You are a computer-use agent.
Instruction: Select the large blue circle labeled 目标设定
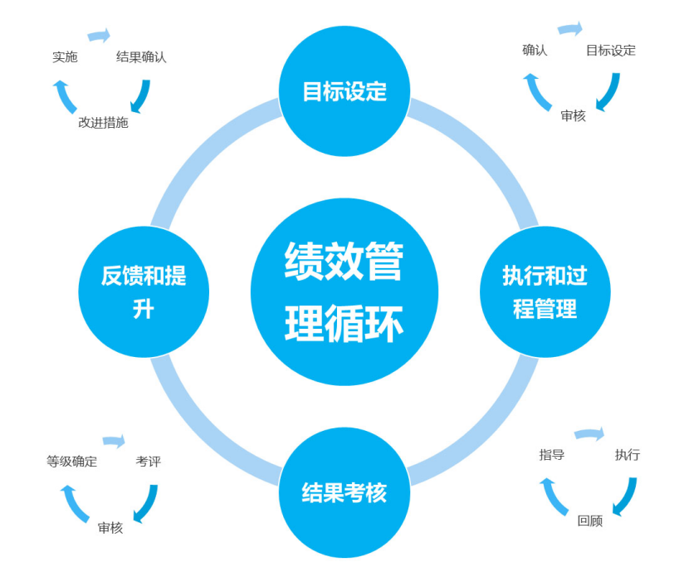(344, 90)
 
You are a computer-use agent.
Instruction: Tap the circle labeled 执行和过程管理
(545, 291)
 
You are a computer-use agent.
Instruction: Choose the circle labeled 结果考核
(344, 492)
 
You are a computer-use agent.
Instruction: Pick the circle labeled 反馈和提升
(144, 291)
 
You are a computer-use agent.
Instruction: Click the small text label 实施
(65, 56)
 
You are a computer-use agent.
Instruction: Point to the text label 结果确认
(141, 57)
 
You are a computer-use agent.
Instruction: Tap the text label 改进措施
(103, 122)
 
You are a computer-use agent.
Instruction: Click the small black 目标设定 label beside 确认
(610, 50)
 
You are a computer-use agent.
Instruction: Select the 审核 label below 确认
(573, 115)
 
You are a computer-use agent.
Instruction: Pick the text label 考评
(148, 462)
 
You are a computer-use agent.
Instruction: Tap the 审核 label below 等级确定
(110, 527)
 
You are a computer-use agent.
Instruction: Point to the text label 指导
(552, 455)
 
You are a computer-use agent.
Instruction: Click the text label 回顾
(590, 521)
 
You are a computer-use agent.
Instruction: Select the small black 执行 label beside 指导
(627, 455)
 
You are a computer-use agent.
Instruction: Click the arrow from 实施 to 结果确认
(99, 36)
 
